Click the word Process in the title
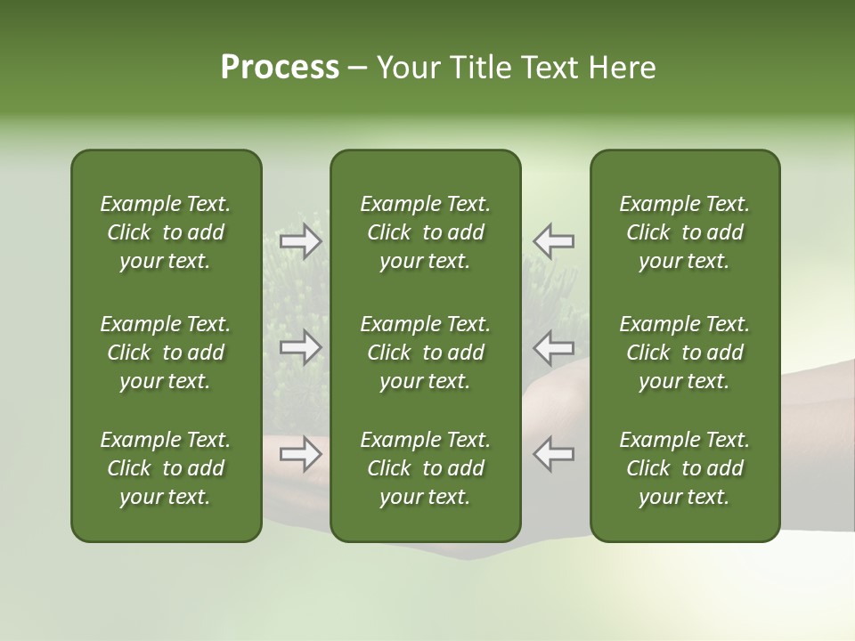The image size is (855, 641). (x=280, y=68)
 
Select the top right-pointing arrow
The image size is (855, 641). (x=301, y=240)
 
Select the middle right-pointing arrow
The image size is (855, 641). (x=301, y=347)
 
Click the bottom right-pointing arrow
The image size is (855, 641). (x=301, y=454)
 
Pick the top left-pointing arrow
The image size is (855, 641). (x=553, y=240)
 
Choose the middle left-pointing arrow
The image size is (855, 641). (x=553, y=347)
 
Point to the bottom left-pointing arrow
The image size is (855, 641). (x=553, y=454)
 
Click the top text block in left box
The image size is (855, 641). (x=166, y=232)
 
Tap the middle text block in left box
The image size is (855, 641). (x=166, y=353)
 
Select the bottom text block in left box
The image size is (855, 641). (x=166, y=468)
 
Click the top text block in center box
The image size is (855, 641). (x=425, y=232)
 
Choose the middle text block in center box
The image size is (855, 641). (x=425, y=353)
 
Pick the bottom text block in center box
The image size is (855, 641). (x=425, y=468)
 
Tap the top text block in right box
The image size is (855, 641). (x=684, y=232)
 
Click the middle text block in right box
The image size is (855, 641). (x=684, y=353)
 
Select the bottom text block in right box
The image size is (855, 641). (x=684, y=468)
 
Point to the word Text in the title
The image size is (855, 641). (x=547, y=68)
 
